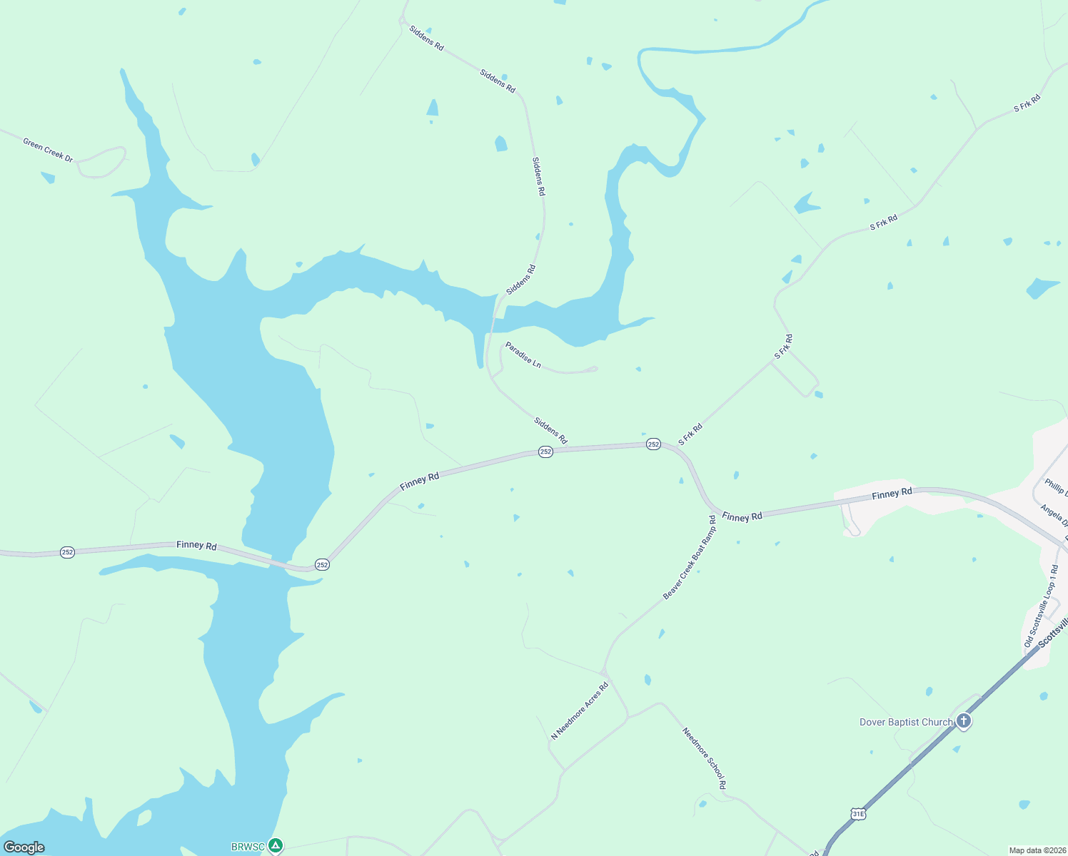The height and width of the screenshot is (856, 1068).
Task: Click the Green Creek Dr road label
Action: [48, 150]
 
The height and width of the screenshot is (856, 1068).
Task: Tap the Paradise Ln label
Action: [523, 355]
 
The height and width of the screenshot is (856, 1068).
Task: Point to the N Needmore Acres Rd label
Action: [580, 710]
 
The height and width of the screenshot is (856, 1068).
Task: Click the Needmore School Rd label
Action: [704, 758]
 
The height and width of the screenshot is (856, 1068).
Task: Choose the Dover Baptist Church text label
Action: [906, 722]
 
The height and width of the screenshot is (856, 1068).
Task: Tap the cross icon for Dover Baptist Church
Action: [964, 721]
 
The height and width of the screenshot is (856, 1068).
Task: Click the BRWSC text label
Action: [248, 847]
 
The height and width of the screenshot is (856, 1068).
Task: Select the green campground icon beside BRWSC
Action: [276, 846]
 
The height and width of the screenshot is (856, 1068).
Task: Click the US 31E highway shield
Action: [858, 814]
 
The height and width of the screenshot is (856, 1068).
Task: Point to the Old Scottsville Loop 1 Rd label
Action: [1041, 606]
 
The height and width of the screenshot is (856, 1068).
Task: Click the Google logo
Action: [24, 847]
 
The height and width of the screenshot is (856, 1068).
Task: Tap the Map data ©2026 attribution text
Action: [1037, 850]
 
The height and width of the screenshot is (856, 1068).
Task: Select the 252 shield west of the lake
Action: [67, 552]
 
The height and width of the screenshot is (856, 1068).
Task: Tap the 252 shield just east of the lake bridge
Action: [322, 564]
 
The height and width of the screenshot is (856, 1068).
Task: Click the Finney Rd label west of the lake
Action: [196, 545]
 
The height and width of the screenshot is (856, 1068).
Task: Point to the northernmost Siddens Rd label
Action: [426, 39]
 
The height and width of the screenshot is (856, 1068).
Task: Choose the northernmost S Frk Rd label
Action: [1027, 103]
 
